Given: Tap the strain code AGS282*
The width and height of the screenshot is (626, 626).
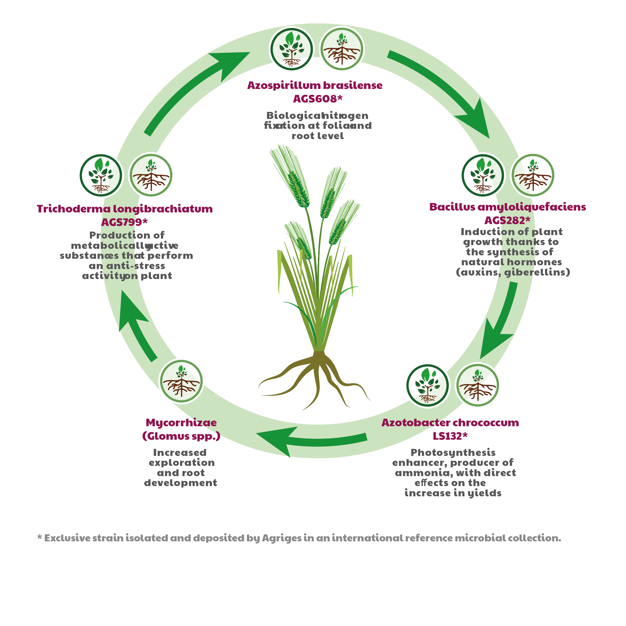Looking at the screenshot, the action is coord(507,220).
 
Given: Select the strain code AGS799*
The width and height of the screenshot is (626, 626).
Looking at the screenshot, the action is coord(125,222).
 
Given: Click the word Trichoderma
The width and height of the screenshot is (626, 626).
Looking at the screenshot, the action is coord(74,209).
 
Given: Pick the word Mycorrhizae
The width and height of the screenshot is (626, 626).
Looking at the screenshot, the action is coord(181,423).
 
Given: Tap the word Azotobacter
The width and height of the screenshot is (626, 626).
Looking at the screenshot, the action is coord(416,422).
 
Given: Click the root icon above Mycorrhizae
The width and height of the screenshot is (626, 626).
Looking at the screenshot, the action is coord(181,381).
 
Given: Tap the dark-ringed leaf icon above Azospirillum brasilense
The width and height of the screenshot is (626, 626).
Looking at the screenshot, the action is coord(292,49).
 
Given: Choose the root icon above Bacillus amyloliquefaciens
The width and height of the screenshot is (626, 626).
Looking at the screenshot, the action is coord(533,175).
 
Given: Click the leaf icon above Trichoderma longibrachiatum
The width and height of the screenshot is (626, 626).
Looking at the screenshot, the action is coord(101,175).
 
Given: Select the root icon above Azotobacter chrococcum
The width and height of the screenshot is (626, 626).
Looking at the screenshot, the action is coord(478,385).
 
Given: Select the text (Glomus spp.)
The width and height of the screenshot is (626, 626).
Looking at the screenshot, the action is coord(181,436).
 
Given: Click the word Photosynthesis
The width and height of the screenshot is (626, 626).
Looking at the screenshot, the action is coord(453,453).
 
